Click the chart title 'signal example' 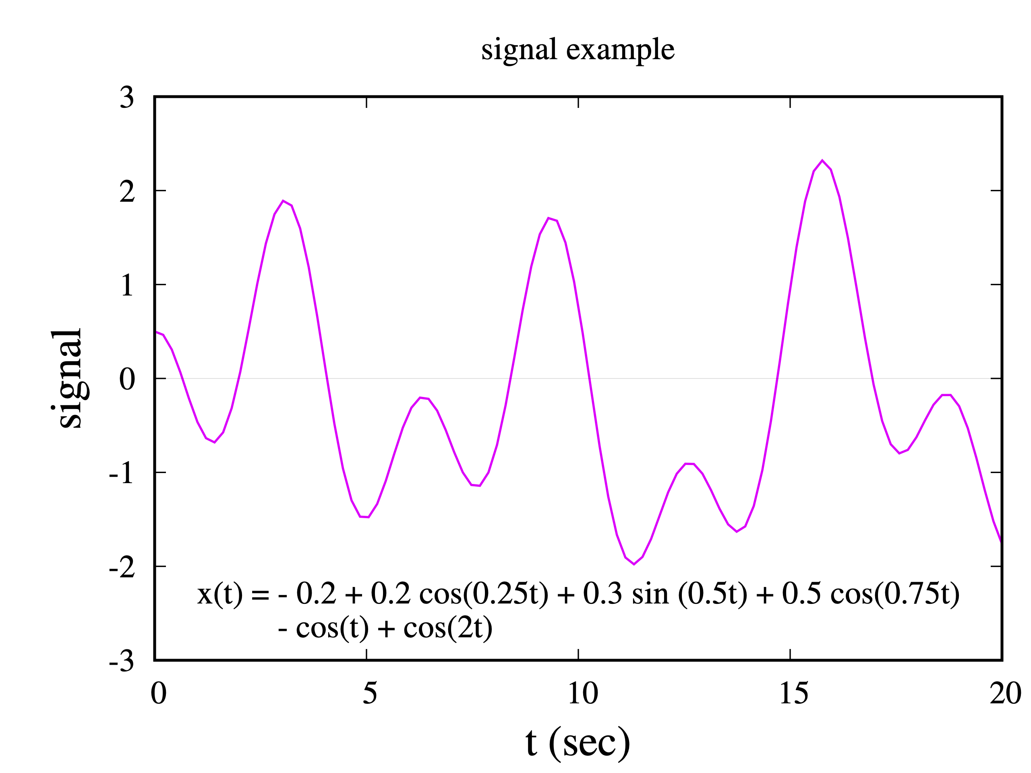[x=578, y=50]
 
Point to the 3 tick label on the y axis [x=127, y=98]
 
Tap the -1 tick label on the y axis [x=122, y=474]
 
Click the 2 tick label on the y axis [x=127, y=192]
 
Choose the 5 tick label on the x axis [x=370, y=693]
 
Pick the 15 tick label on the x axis [x=793, y=693]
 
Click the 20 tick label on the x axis [x=1005, y=693]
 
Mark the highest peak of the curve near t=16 [x=822, y=160]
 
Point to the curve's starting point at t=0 [x=155, y=332]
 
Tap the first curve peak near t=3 [x=283, y=201]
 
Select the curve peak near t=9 [x=549, y=218]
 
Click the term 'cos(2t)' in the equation [x=447, y=628]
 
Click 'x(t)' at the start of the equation [x=219, y=594]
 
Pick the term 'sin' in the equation [x=650, y=594]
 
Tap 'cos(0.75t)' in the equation [x=894, y=594]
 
